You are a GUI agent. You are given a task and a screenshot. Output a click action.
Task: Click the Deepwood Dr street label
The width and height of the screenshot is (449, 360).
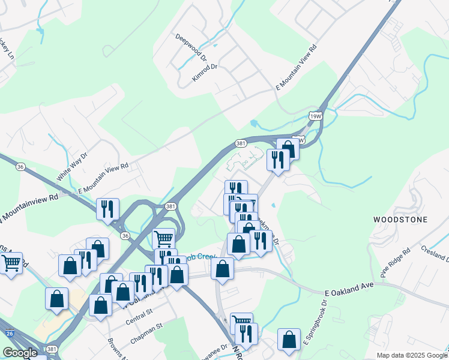[191, 47]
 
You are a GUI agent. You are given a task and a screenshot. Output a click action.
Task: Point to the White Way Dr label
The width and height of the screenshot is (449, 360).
[72, 166]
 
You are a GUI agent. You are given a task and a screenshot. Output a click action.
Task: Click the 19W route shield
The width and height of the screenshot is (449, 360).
[315, 116]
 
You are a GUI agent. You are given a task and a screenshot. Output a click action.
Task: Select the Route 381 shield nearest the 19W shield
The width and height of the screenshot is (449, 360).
[241, 143]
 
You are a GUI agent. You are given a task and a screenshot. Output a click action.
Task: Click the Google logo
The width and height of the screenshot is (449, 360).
[20, 353]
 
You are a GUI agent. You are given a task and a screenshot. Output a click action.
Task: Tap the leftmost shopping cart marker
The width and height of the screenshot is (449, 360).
[11, 263]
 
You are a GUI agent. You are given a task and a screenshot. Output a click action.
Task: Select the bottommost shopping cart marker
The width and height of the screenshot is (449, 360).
[241, 322]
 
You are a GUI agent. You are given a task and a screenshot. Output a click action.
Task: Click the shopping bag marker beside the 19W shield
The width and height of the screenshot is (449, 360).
[288, 149]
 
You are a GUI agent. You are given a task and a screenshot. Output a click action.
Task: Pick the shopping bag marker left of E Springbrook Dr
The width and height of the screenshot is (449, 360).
[289, 339]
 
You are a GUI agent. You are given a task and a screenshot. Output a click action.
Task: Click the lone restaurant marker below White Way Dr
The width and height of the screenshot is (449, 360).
[107, 209]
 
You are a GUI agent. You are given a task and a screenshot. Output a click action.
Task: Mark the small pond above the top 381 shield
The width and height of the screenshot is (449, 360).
[254, 124]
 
